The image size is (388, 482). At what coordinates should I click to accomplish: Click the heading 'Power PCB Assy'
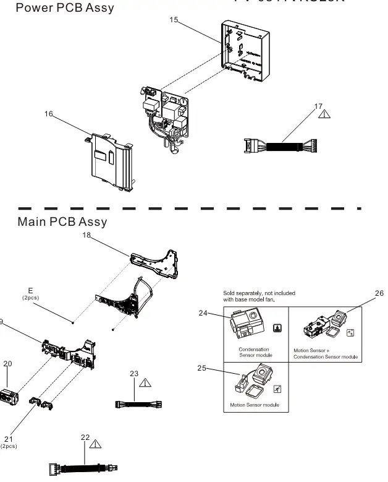coord(64,8)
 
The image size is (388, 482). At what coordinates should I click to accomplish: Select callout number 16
coord(49,113)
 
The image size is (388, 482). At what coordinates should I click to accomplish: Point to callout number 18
coord(87,235)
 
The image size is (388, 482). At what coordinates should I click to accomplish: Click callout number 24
coord(203,313)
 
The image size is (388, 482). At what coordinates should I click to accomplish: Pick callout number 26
coord(379,293)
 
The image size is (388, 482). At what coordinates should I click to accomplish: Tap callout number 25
coord(201,368)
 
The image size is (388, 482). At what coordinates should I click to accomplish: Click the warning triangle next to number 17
coord(324,114)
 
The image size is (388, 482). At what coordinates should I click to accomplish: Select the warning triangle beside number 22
coord(96,443)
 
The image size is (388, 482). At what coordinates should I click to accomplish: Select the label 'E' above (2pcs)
coord(30,290)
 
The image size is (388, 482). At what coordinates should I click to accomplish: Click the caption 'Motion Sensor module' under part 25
coord(254,405)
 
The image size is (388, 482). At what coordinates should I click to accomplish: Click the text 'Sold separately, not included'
coord(259,293)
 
